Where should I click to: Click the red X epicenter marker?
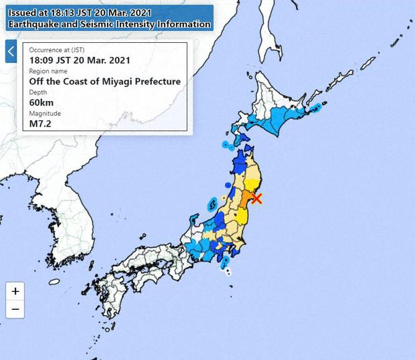pos(256,198)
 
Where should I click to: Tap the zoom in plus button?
pos(15,291)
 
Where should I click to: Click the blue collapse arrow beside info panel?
pos(11,52)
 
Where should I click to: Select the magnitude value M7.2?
pos(40,122)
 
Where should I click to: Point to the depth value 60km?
pos(41,102)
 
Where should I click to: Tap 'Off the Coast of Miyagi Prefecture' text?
pos(104,81)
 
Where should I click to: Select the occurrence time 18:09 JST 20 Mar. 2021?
pos(79,60)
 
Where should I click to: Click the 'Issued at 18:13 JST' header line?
pos(84,13)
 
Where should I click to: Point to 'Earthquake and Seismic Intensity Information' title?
pos(109,24)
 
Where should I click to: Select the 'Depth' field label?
pos(39,92)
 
